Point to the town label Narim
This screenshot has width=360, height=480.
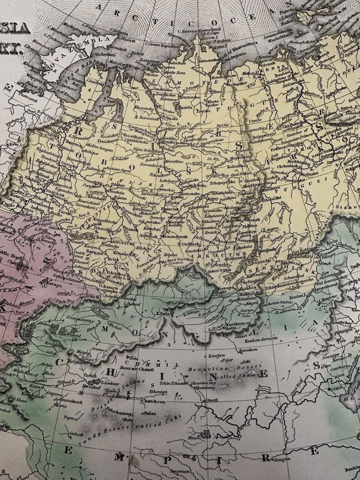(121, 198)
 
